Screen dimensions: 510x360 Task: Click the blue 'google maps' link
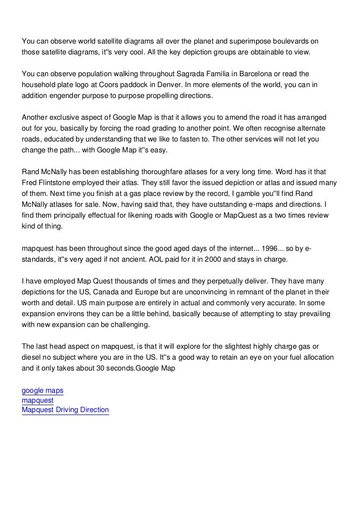click(x=43, y=391)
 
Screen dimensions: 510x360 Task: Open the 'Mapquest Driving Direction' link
click(x=65, y=410)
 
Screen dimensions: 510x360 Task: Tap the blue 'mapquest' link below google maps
click(x=38, y=400)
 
